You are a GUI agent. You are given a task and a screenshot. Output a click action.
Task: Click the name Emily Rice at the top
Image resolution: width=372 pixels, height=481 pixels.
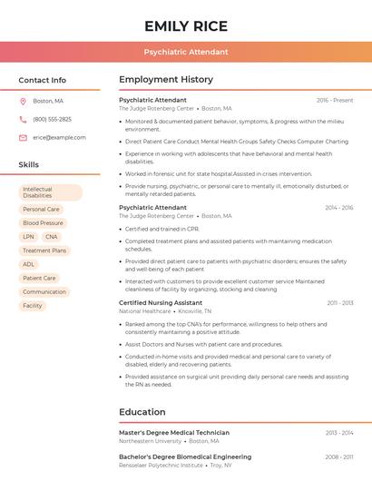pos(186,25)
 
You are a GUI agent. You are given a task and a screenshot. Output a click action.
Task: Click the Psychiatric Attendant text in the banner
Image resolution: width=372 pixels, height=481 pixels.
pos(186,52)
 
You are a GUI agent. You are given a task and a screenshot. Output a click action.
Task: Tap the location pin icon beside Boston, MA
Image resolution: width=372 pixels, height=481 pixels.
pos(23,101)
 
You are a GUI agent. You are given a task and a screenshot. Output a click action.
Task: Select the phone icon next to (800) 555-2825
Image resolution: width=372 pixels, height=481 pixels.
pos(23,119)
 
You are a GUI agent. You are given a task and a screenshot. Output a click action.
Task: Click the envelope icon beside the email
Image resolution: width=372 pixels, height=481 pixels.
pos(23,137)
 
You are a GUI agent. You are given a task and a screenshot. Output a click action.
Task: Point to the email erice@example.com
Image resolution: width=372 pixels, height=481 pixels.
pos(59,137)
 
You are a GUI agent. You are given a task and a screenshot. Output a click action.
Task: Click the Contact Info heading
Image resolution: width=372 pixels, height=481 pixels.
pos(43,80)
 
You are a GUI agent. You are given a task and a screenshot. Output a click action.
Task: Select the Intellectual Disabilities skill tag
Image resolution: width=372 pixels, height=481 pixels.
pos(50,192)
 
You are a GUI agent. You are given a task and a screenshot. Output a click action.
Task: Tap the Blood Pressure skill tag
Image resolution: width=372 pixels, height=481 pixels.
pos(43,222)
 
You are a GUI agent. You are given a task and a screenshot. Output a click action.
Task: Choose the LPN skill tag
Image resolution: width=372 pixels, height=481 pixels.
pos(28,236)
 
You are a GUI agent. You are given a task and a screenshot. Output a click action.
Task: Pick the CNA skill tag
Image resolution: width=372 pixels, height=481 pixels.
pos(50,236)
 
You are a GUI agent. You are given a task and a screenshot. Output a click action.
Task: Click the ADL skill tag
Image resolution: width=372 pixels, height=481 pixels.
pos(28,264)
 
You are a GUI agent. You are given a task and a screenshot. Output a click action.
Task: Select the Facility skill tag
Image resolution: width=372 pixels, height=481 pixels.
pos(33,306)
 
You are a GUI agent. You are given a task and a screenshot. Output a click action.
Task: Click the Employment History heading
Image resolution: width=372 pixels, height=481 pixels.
pos(166,80)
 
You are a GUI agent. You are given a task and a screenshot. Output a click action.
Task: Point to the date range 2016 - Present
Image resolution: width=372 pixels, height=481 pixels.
pos(334,100)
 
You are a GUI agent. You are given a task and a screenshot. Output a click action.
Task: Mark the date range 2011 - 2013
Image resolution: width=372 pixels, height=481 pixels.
pos(339,302)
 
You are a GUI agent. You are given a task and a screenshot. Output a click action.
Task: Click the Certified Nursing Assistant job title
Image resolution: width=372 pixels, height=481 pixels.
pos(161,302)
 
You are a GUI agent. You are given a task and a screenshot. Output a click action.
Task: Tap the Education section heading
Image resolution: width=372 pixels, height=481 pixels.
pos(142,412)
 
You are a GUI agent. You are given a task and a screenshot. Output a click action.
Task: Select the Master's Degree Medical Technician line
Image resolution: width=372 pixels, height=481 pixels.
pos(174,433)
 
